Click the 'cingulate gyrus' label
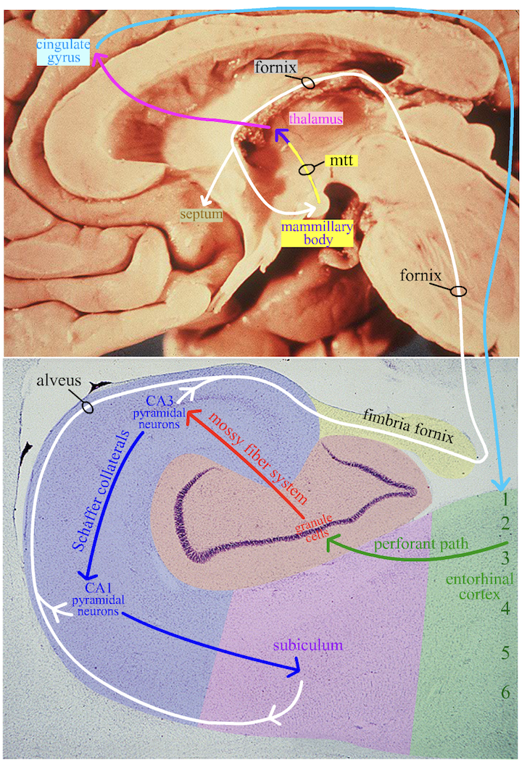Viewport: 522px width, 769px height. pyautogui.click(x=63, y=52)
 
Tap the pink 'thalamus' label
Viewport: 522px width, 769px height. pyautogui.click(x=315, y=117)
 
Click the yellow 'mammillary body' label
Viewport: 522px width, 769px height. pyautogui.click(x=317, y=233)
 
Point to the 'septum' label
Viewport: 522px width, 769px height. pyautogui.click(x=202, y=214)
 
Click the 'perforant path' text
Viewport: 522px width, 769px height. pyautogui.click(x=418, y=542)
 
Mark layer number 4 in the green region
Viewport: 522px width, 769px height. pyautogui.click(x=505, y=608)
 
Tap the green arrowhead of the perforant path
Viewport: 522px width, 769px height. pyautogui.click(x=330, y=542)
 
